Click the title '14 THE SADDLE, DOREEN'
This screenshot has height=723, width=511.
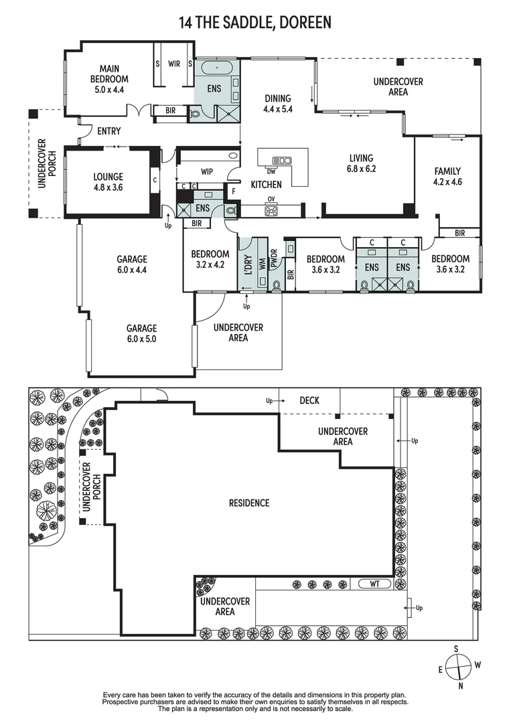[254, 23]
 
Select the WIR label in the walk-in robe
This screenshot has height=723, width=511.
[173, 64]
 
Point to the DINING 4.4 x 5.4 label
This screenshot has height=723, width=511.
[278, 103]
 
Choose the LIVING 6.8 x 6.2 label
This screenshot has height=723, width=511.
[362, 163]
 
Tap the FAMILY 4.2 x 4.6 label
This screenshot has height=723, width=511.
[448, 176]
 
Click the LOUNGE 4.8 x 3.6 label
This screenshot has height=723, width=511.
[108, 182]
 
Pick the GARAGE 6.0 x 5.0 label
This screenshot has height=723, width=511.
[142, 333]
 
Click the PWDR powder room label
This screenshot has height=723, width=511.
[274, 258]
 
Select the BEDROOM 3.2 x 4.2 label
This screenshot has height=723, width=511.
[210, 259]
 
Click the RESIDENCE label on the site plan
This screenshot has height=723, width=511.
[249, 503]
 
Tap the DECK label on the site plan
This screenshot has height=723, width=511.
[309, 401]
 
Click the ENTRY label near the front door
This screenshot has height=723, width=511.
[108, 131]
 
